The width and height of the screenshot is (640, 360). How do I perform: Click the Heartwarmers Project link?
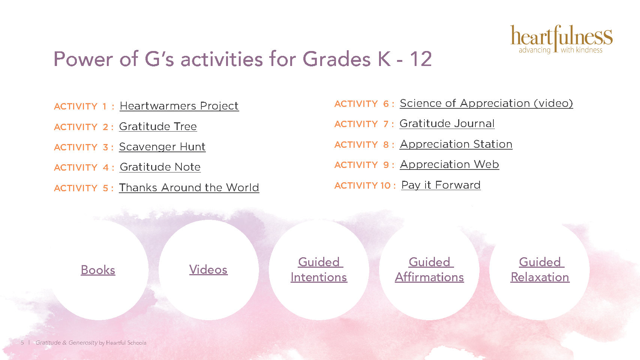click(179, 106)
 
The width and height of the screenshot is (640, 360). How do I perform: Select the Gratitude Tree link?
click(158, 126)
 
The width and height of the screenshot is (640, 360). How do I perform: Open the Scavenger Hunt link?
click(162, 147)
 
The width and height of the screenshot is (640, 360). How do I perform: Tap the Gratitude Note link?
click(160, 167)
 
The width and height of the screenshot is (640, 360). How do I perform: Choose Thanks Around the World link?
click(189, 187)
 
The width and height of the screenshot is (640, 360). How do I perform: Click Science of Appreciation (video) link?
click(486, 103)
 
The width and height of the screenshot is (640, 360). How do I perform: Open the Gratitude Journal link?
click(447, 123)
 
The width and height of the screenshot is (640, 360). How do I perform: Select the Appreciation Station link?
click(456, 144)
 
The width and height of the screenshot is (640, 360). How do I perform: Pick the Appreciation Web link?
click(450, 164)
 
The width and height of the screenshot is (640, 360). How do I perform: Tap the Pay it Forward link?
click(441, 185)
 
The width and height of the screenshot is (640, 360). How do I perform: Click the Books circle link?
click(98, 270)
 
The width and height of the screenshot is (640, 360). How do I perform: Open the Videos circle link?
click(208, 270)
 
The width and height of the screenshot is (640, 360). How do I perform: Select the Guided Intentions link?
click(319, 269)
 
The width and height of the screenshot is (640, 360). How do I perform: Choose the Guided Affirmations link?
click(429, 269)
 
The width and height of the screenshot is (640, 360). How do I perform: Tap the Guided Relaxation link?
click(540, 269)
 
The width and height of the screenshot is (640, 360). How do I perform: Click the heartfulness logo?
click(561, 39)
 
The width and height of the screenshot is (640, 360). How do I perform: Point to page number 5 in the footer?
click(22, 343)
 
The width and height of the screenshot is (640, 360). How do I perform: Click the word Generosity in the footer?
click(83, 343)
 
